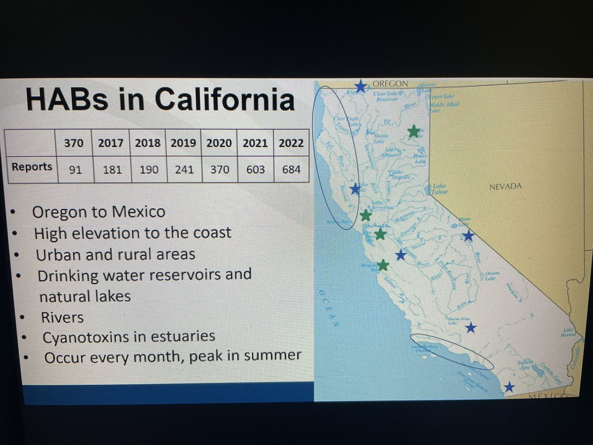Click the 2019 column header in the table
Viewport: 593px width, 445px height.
[x=183, y=143]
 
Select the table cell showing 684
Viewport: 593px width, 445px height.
[x=291, y=170]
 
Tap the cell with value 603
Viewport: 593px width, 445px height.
[x=255, y=170]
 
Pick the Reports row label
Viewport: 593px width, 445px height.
[x=32, y=167]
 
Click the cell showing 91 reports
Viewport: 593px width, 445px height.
[x=76, y=170]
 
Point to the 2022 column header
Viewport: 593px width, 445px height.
[x=291, y=143]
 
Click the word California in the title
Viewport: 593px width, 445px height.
[x=224, y=100]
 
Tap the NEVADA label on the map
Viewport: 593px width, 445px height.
[x=505, y=186]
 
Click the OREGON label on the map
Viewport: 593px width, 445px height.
[x=390, y=84]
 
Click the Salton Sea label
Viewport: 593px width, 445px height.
[x=525, y=365]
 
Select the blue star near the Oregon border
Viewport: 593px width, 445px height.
[x=361, y=87]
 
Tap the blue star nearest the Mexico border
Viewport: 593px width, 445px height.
[x=508, y=387]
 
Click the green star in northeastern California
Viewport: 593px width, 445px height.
[x=414, y=131]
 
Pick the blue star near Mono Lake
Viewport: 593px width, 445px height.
[x=468, y=236]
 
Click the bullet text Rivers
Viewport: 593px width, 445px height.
[x=62, y=317]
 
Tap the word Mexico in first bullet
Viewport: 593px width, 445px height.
[x=139, y=212]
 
